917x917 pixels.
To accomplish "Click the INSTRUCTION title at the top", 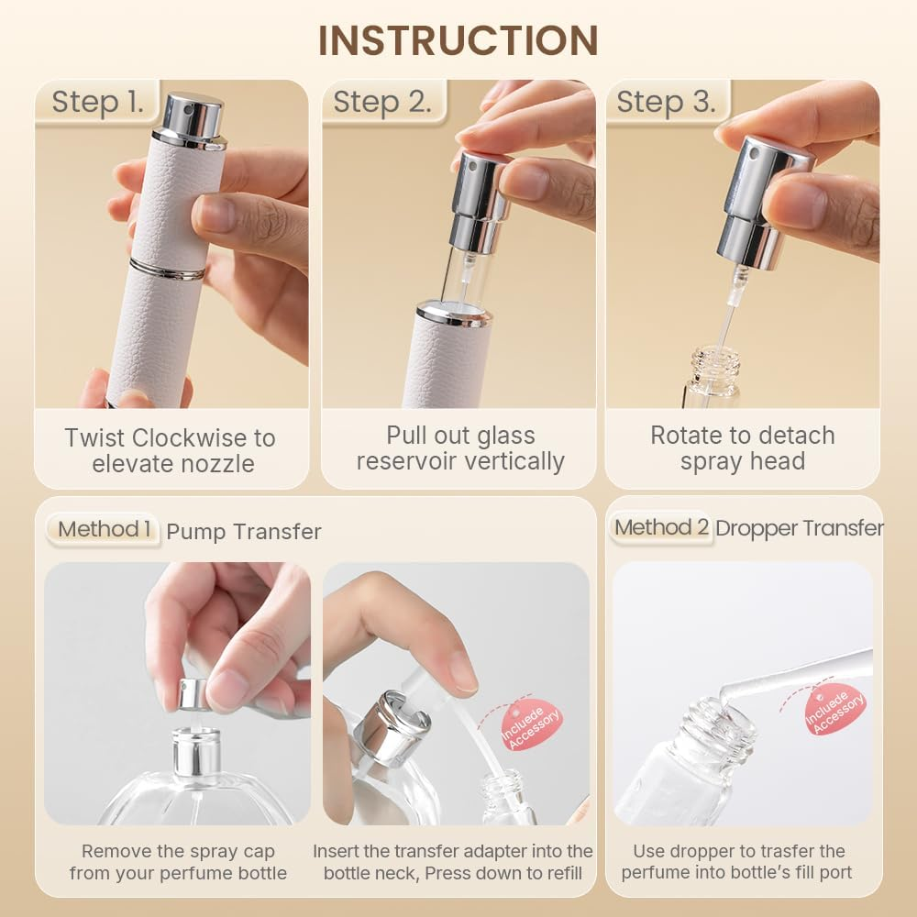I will [x=458, y=40].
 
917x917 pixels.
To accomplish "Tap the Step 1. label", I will [x=98, y=102].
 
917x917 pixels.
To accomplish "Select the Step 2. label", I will [x=381, y=102].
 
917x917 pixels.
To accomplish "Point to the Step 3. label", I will [x=666, y=102].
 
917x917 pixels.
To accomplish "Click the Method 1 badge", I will [x=105, y=529].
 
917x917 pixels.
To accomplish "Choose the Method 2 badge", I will [x=661, y=527].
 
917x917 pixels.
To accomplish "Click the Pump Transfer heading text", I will [x=244, y=531].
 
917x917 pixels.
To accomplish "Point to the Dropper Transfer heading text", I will [x=799, y=528].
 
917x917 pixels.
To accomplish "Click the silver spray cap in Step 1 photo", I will [x=191, y=119].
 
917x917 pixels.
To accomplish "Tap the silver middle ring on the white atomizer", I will [x=167, y=269].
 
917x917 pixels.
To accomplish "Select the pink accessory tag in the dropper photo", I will [x=834, y=709].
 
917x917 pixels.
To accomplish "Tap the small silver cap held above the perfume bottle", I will [x=193, y=694].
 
